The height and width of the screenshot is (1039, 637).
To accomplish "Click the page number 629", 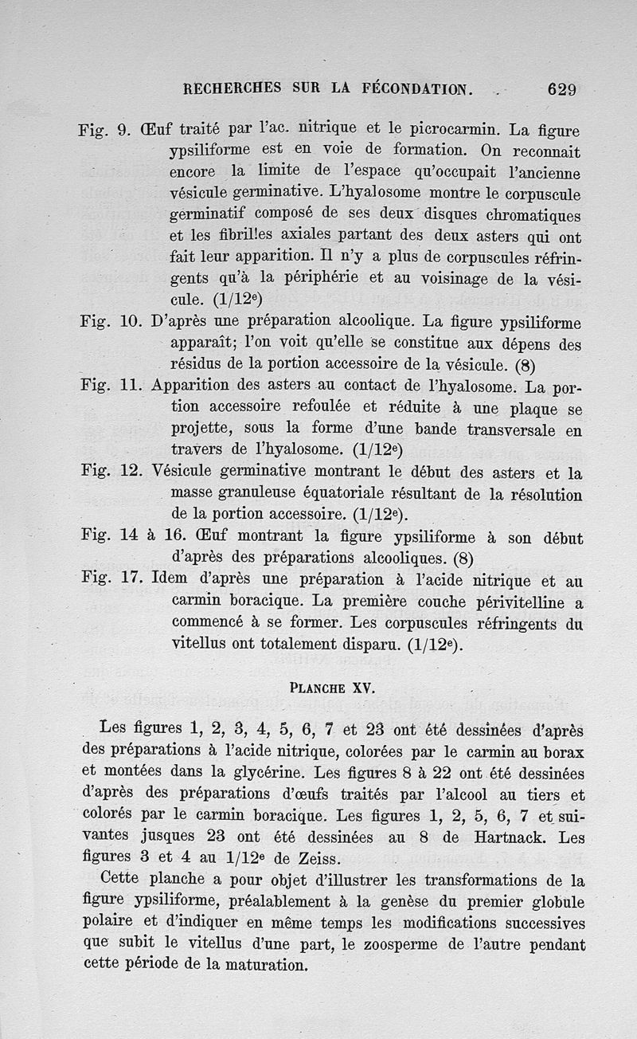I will pos(561,88).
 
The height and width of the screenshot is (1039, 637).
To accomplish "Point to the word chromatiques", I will pos(530,217).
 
